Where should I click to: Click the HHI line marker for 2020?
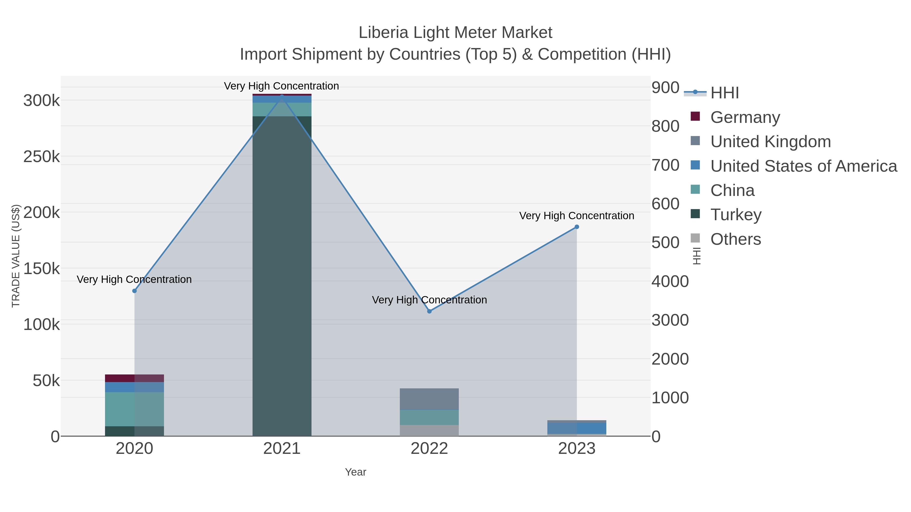click(x=134, y=291)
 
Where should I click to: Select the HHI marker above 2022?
click(x=429, y=311)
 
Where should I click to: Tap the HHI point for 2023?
click(x=577, y=227)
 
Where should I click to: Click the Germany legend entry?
click(x=745, y=117)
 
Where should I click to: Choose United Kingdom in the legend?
click(x=770, y=141)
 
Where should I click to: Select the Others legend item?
click(x=736, y=239)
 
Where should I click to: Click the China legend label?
click(x=732, y=190)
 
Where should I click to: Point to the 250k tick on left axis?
click(x=42, y=157)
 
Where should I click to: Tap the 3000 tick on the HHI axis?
click(x=670, y=320)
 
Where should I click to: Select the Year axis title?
click(x=356, y=472)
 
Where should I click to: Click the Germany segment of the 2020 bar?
click(x=134, y=378)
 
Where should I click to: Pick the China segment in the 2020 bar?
click(x=134, y=409)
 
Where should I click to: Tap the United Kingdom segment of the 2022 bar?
click(x=429, y=399)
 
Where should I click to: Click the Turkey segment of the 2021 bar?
click(x=282, y=276)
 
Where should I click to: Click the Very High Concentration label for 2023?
click(x=576, y=215)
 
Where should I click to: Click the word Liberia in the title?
click(x=383, y=33)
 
